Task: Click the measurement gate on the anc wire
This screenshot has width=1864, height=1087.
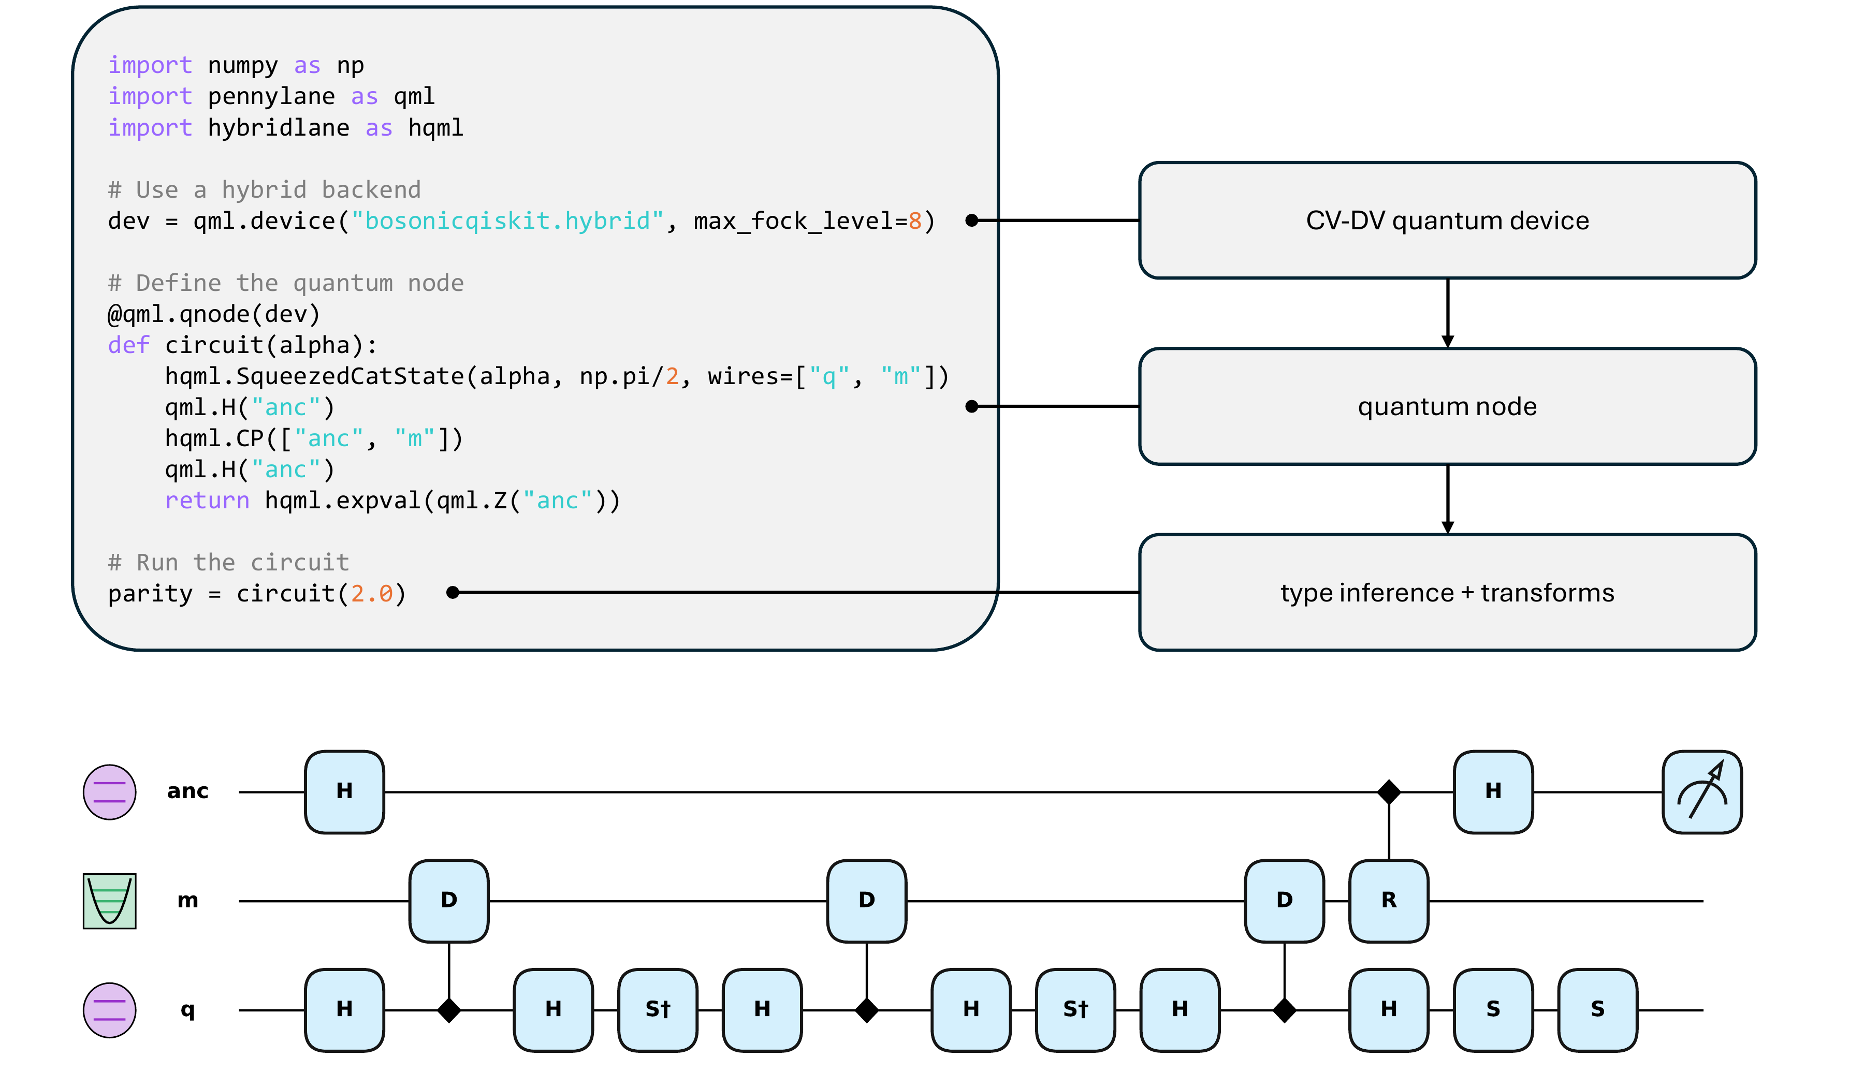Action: [x=1701, y=792]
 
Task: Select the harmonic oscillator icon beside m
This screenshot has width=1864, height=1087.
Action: [x=109, y=901]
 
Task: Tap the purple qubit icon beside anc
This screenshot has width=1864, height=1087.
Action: [x=109, y=792]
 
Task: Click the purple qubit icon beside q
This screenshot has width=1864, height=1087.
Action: [x=109, y=1009]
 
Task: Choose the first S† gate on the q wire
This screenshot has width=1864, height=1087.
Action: [x=658, y=1009]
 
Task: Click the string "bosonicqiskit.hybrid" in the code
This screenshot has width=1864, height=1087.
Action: [x=507, y=221]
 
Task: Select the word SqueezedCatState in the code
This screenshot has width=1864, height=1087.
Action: [x=350, y=376]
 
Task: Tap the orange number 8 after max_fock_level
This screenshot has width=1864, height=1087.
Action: [x=914, y=221]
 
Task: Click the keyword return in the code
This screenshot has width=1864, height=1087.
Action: [x=207, y=501]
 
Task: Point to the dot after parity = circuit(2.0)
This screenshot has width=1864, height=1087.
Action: [x=453, y=592]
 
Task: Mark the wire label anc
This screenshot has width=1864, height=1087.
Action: [x=188, y=792]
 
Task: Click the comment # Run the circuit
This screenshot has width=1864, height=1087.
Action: [x=228, y=563]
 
